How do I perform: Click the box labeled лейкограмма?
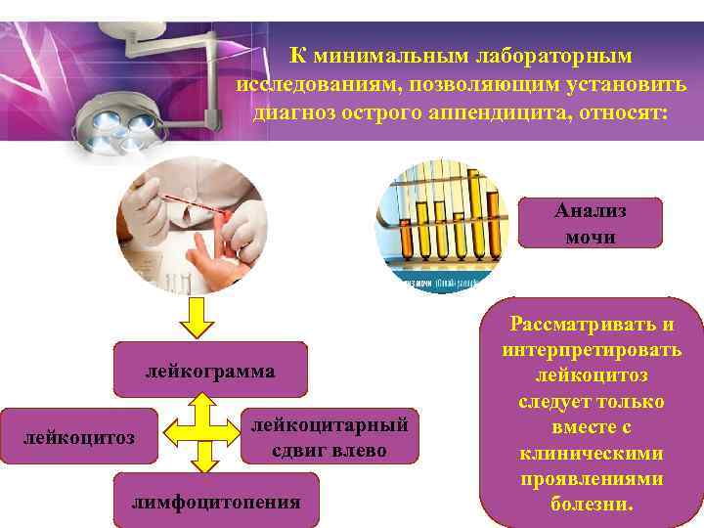(210, 372)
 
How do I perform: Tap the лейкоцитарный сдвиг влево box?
(330, 436)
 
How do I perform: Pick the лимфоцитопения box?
(216, 502)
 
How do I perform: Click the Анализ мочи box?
(590, 223)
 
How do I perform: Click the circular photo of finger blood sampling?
(192, 223)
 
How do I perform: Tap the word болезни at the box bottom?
(593, 506)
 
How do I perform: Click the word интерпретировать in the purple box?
(592, 350)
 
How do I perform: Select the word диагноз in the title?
(294, 111)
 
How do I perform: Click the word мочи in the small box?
(590, 236)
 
